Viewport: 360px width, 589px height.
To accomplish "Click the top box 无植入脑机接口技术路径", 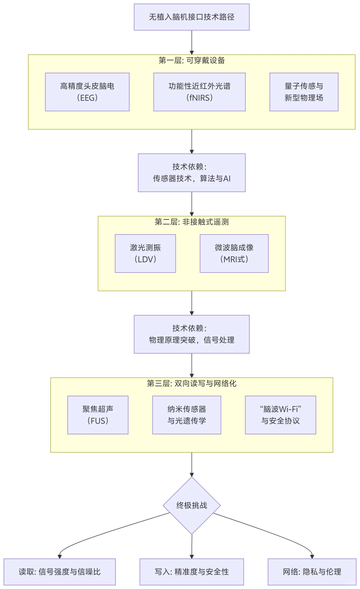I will [x=192, y=17].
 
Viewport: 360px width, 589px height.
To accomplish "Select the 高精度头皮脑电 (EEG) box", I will [x=87, y=92].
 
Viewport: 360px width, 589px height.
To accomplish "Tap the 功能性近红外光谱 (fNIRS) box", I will [x=199, y=92].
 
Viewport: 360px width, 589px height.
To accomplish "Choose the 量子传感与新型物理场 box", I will [x=304, y=92].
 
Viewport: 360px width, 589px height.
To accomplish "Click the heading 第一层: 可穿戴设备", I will [x=192, y=60].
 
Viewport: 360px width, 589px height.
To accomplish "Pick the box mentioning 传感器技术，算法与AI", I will [x=192, y=173].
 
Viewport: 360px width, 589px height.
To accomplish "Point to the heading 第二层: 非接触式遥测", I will [x=192, y=222].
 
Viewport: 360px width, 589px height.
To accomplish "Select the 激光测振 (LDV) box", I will [x=145, y=253].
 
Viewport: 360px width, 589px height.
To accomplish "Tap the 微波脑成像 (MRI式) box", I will [x=234, y=253].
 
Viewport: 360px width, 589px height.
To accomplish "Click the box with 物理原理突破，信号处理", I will [x=192, y=334].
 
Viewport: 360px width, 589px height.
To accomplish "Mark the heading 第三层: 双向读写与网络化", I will [x=192, y=383].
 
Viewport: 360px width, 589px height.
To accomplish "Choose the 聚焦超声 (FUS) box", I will [x=98, y=415].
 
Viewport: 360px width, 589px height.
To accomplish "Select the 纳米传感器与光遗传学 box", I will [x=187, y=415].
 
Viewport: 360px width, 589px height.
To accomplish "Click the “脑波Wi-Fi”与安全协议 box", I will [x=280, y=415].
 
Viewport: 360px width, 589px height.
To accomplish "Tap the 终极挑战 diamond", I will [x=192, y=505].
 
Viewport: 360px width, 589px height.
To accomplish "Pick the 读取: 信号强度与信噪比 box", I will [x=60, y=572].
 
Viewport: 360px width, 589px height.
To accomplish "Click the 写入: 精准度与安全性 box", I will [x=192, y=572].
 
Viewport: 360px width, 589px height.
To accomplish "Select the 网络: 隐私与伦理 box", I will [x=312, y=572].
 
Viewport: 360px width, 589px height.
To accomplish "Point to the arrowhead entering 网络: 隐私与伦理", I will [x=312, y=556].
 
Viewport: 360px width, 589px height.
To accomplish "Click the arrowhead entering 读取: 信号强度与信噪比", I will [x=60, y=556].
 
